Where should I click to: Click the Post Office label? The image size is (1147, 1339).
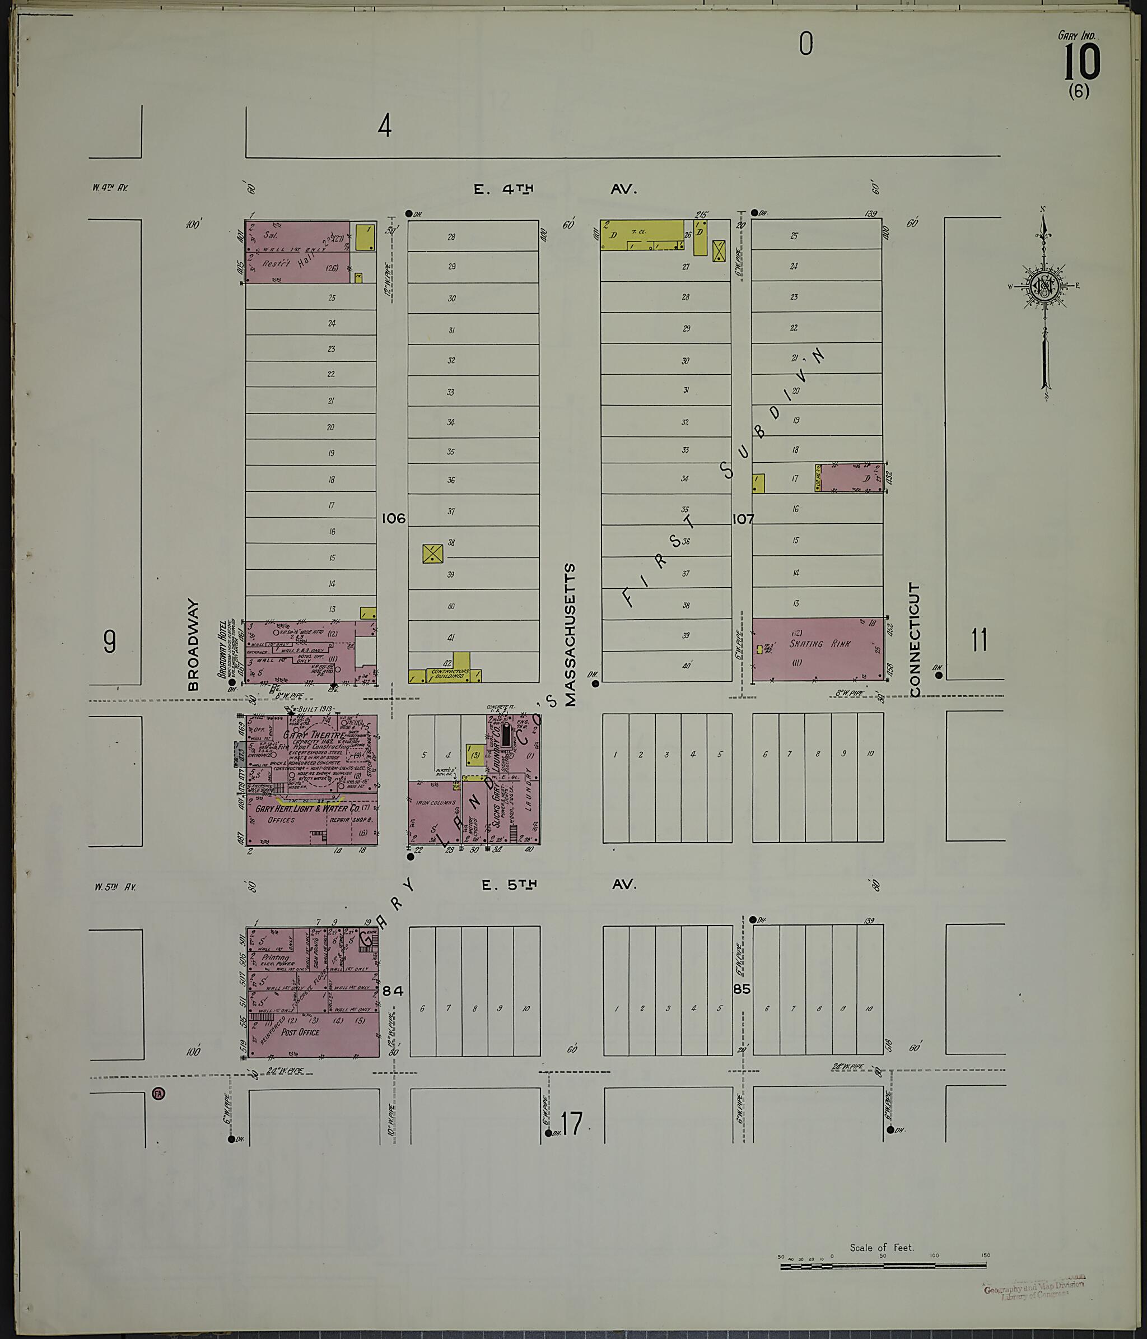coord(300,1032)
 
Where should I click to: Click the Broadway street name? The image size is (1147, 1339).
coord(193,644)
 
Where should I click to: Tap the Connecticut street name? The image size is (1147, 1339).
coord(914,640)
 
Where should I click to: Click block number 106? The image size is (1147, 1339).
coord(393,518)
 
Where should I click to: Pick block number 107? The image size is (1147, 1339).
coord(743,518)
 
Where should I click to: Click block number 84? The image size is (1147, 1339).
coord(393,991)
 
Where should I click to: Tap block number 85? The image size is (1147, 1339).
coord(742,989)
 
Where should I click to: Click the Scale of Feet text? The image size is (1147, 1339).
coord(882,1247)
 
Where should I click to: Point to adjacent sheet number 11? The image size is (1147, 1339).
coord(979,640)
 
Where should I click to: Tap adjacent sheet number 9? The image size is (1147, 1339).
coord(110,641)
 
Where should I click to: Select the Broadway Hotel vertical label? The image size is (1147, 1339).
coord(223,648)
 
